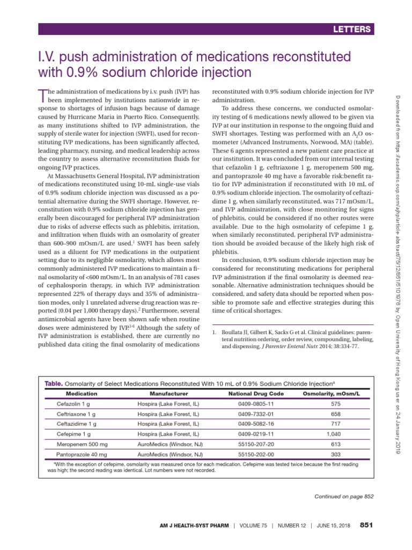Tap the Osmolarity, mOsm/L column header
coord(331,394)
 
